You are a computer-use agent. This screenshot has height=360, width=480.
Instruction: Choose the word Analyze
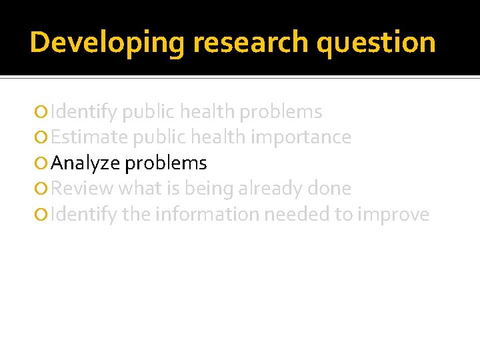(x=85, y=163)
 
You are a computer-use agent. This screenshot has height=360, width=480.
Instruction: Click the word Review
(x=81, y=189)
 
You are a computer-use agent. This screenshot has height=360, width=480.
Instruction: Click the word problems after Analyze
(x=166, y=163)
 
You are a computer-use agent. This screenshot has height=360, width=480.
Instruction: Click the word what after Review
(x=140, y=189)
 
